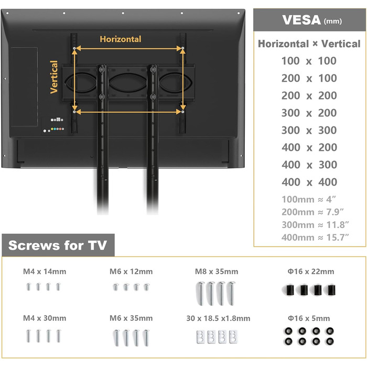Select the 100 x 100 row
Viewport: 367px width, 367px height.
coord(309,61)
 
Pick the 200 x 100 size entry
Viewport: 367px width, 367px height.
coord(309,78)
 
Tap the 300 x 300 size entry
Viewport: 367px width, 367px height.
coord(309,130)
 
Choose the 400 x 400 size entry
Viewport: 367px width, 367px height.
coord(309,182)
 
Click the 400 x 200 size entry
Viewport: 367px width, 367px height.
coord(309,147)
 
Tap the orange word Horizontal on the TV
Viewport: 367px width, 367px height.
coord(121,39)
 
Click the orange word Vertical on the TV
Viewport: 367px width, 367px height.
coord(54,77)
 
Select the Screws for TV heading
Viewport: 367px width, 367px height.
coord(58,245)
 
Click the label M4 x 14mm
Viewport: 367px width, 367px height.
coord(45,272)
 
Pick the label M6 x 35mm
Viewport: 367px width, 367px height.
coord(131,318)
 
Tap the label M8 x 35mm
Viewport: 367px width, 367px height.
coord(217,272)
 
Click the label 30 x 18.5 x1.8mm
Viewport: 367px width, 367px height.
coord(218,318)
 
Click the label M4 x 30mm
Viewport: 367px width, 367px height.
coord(45,318)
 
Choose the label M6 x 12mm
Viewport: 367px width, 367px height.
coord(131,272)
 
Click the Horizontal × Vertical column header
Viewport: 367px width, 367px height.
coord(309,44)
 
